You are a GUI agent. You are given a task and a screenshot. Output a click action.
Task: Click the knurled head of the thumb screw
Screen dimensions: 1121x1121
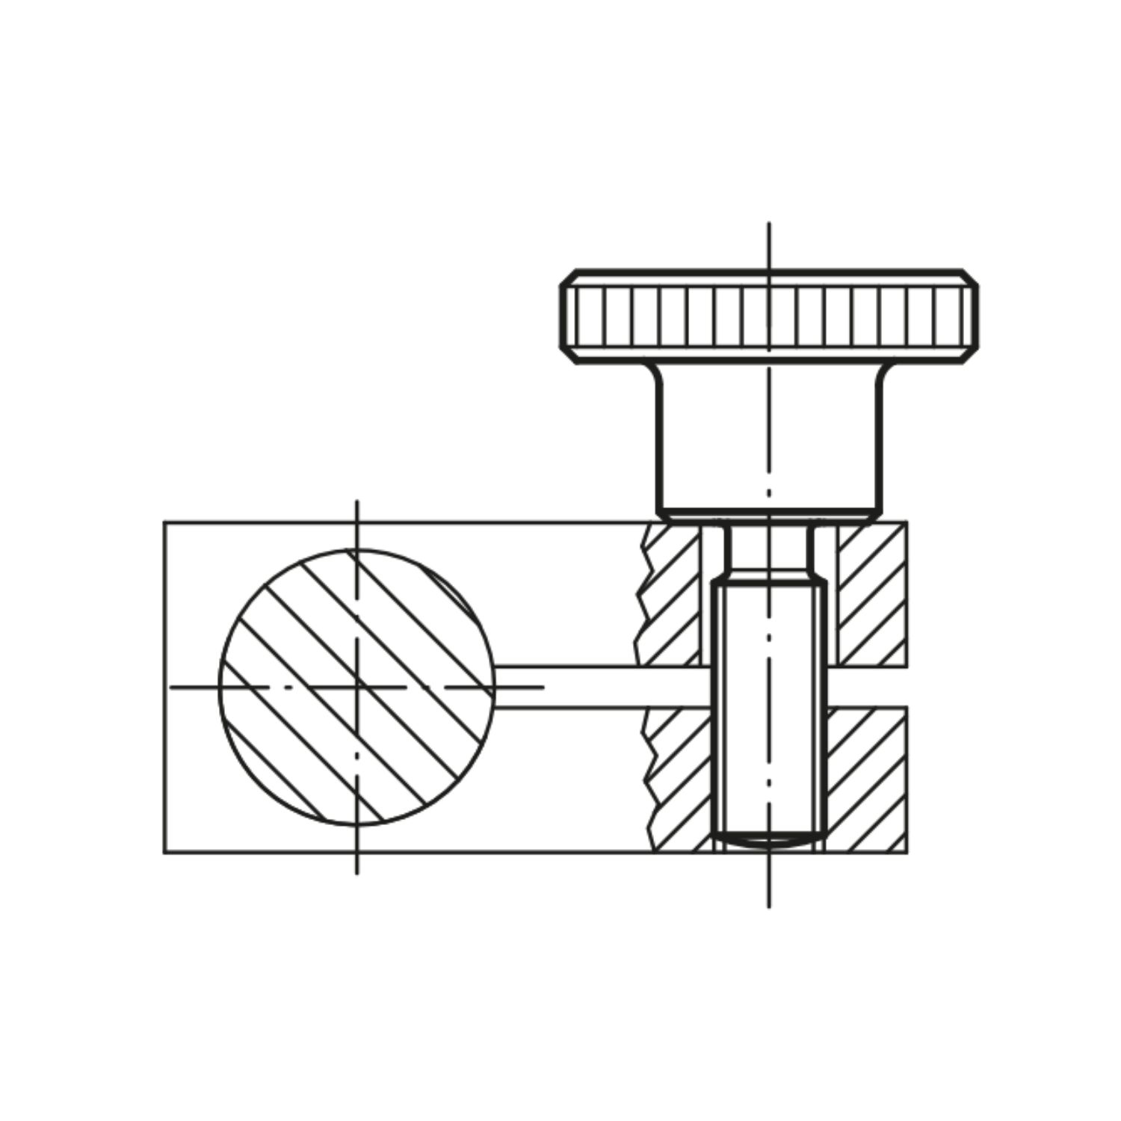click(x=769, y=316)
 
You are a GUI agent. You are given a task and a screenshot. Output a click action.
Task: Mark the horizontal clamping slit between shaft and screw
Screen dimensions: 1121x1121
click(x=598, y=685)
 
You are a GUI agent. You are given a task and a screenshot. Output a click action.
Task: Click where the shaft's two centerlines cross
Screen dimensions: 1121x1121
click(x=357, y=685)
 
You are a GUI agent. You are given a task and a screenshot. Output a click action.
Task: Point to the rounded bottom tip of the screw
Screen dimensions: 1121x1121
click(x=769, y=843)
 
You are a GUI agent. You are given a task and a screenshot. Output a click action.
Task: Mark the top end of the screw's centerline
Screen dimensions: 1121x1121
click(x=769, y=223)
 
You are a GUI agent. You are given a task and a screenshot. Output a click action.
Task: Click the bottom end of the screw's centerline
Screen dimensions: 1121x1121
click(x=769, y=907)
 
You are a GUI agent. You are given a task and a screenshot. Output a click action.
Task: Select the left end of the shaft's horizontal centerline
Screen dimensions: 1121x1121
click(x=171, y=685)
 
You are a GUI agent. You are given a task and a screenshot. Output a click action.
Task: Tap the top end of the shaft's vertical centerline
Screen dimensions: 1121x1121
click(x=357, y=501)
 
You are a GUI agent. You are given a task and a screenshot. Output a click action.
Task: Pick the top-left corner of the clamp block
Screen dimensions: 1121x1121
click(x=164, y=522)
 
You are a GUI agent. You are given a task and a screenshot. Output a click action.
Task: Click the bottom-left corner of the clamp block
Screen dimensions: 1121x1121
click(x=164, y=852)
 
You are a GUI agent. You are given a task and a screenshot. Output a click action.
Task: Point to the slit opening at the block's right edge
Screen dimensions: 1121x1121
click(x=906, y=685)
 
